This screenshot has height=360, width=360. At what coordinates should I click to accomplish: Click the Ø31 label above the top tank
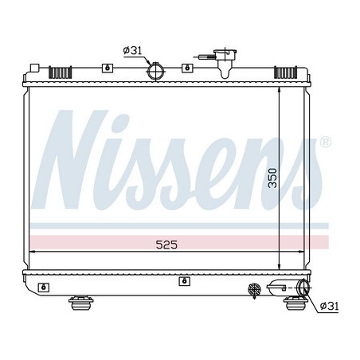point(133,53)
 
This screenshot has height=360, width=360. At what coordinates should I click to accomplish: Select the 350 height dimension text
point(272,178)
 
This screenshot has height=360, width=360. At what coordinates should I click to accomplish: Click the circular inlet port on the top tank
point(155,72)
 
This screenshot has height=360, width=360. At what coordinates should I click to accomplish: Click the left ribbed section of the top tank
point(60,72)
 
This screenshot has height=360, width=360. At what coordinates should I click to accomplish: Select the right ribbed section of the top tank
point(284,72)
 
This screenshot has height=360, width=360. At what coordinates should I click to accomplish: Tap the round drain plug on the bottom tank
point(255,289)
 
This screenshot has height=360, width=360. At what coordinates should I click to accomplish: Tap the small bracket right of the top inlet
point(186,68)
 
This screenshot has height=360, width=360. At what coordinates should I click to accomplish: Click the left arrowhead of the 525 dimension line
point(33,251)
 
